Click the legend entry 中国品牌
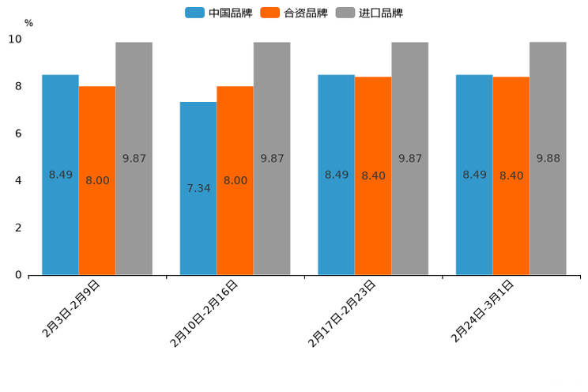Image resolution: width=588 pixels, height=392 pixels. pos(219,13)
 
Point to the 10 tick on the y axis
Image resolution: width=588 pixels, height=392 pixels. pos(15,39)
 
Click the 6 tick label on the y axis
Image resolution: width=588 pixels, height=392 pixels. pos(18,134)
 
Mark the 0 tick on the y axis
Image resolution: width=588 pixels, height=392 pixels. pos(18,275)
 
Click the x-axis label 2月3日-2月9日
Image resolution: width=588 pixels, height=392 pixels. pos(71,309)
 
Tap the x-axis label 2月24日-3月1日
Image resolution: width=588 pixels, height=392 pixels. pos(483,311)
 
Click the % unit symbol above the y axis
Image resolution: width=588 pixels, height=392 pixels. pos(28,23)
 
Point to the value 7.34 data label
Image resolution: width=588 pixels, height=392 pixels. pos(198,188)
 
